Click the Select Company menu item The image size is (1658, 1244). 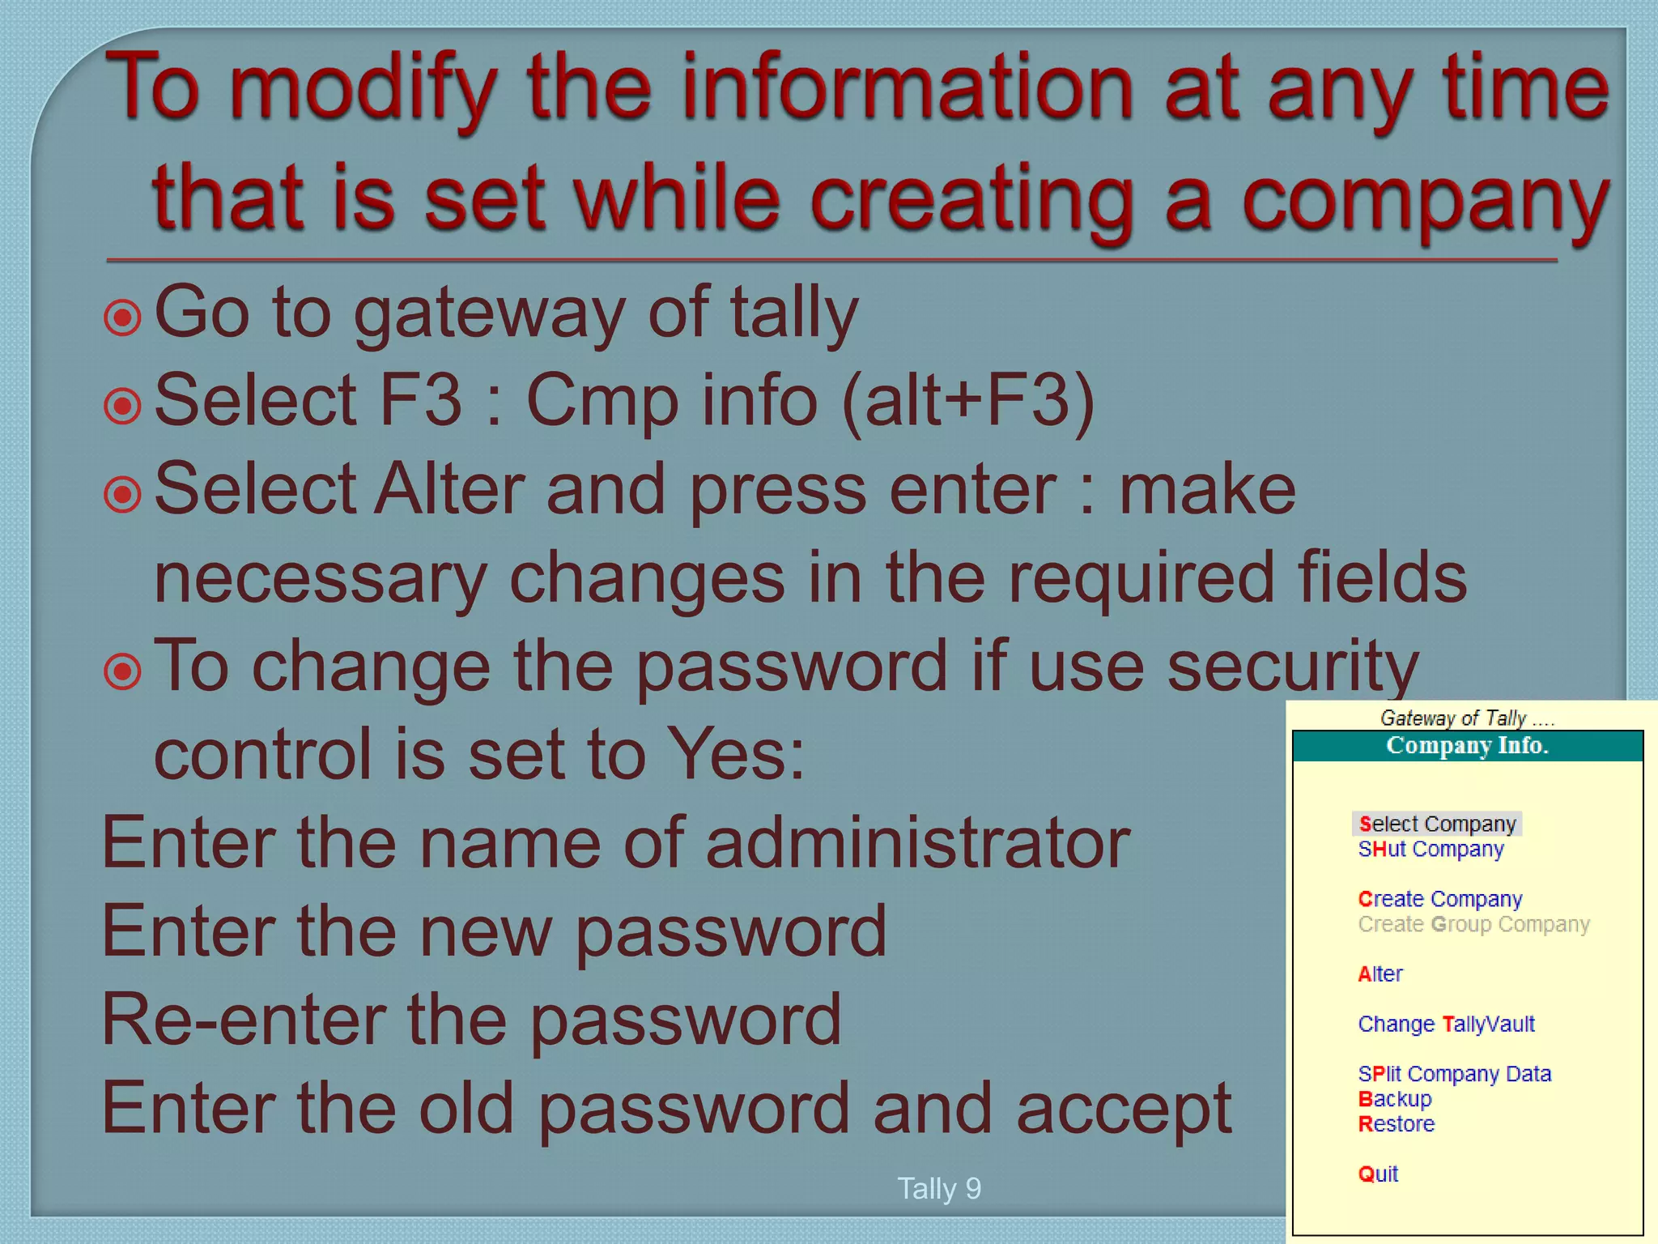click(x=1437, y=824)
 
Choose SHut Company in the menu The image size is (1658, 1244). click(x=1431, y=849)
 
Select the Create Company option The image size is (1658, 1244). click(x=1440, y=899)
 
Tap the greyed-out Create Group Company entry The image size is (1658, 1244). click(x=1473, y=924)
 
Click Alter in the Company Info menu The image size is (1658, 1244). click(x=1380, y=973)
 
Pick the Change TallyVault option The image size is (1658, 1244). click(x=1446, y=1024)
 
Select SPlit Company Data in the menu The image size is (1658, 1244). click(x=1454, y=1074)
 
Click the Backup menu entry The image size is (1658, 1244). click(x=1395, y=1099)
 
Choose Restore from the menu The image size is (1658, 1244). click(x=1396, y=1124)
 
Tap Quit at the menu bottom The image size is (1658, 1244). click(x=1378, y=1174)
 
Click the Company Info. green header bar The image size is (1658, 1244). click(x=1467, y=745)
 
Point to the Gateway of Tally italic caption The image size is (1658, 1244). click(x=1466, y=718)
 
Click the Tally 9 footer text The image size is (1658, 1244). click(x=939, y=1188)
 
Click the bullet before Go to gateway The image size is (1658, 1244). click(x=123, y=317)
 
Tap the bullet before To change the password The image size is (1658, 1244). click(x=123, y=671)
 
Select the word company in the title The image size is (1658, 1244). click(x=1425, y=202)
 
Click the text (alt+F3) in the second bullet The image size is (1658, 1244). click(x=967, y=400)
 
